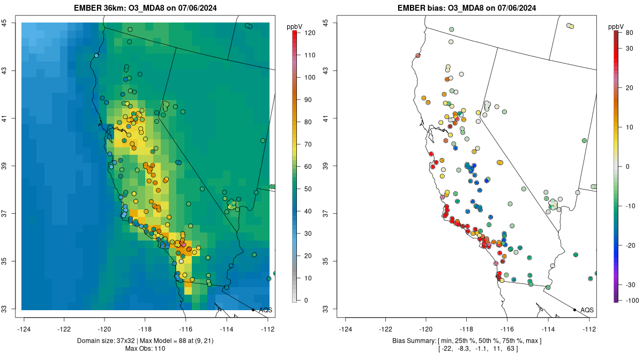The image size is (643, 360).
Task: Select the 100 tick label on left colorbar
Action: click(x=309, y=77)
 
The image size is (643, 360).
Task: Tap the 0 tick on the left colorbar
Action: click(x=306, y=300)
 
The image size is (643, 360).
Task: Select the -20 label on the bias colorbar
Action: click(x=630, y=245)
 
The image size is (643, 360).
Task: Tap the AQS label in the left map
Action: click(x=265, y=310)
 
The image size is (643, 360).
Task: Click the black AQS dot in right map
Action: click(x=574, y=310)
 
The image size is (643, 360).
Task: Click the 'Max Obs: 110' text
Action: click(x=145, y=349)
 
